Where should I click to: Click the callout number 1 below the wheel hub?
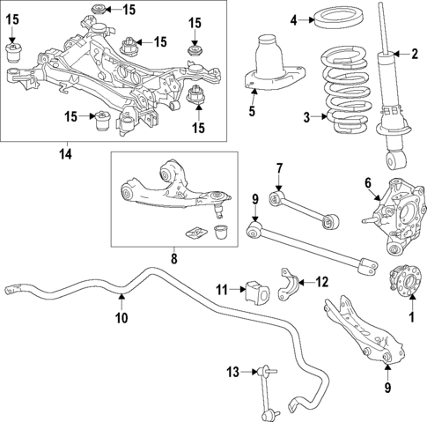tap(409, 315)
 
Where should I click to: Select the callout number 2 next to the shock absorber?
tap(414, 55)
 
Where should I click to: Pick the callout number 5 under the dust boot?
tap(251, 111)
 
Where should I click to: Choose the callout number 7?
tap(277, 168)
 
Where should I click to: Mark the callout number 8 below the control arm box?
tap(173, 259)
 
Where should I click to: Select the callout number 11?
tap(223, 287)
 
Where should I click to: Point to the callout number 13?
tap(232, 372)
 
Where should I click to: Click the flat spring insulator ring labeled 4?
tap(335, 17)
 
